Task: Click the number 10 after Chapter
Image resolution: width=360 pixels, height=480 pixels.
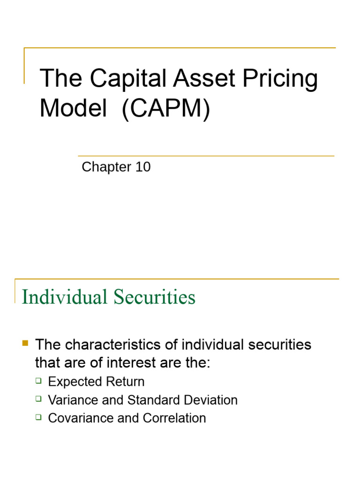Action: click(x=142, y=167)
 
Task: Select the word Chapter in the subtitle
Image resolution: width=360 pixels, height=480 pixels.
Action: click(x=106, y=167)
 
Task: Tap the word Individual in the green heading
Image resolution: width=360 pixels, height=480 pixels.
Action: click(x=60, y=297)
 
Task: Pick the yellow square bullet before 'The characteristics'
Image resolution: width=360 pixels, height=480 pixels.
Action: click(x=25, y=344)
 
